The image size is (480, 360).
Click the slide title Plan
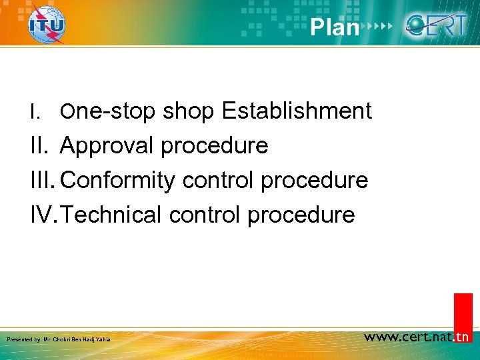[335, 27]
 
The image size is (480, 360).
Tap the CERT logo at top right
[437, 25]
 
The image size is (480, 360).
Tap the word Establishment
[297, 111]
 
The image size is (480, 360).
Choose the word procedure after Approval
[215, 146]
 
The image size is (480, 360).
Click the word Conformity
[121, 181]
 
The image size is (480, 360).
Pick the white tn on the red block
[462, 337]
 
